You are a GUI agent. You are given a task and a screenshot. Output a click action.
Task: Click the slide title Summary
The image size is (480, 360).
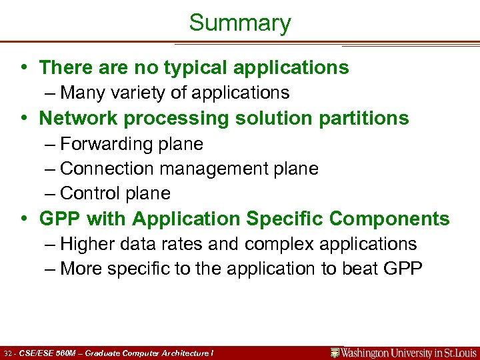[240, 23]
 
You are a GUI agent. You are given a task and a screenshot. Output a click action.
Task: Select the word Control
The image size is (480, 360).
[87, 193]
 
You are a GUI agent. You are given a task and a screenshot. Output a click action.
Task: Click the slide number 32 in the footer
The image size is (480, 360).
[8, 353]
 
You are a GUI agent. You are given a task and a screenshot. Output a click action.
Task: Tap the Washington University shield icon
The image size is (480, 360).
[335, 353]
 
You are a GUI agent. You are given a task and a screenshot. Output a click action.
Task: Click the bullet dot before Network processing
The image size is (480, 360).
[25, 119]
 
